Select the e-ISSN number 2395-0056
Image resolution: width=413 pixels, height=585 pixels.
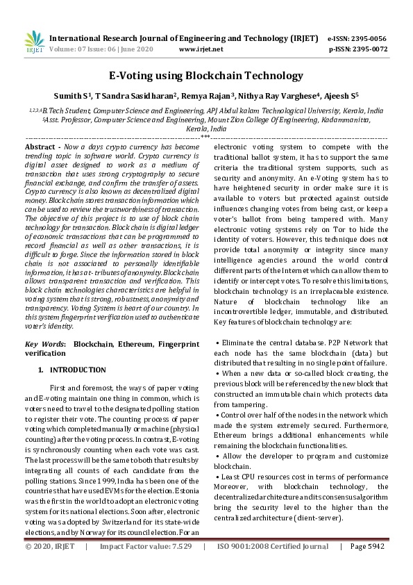368,39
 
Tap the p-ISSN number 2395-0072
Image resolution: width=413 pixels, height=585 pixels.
368,49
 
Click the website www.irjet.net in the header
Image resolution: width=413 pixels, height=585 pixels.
201,49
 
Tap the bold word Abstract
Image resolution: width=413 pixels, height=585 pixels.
40,147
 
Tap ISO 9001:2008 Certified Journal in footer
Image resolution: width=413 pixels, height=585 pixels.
273,565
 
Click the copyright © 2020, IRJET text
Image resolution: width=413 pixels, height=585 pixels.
49,565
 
